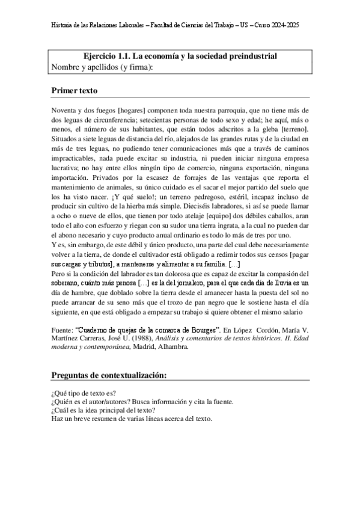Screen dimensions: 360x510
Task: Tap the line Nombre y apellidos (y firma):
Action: pos(103,67)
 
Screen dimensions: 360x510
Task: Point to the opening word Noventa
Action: pos(65,111)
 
